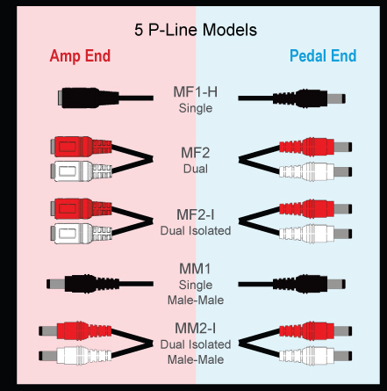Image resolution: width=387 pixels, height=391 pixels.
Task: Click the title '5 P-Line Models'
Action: tap(196, 30)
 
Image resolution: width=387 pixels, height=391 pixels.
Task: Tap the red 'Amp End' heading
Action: tap(80, 55)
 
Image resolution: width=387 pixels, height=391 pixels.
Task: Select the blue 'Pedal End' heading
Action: tap(323, 55)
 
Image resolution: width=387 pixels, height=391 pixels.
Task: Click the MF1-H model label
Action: tap(196, 92)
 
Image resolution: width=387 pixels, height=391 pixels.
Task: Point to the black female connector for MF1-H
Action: tap(88, 98)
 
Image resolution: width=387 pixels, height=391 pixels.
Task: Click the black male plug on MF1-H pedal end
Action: tap(309, 98)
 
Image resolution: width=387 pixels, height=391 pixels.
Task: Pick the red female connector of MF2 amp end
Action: tap(81, 147)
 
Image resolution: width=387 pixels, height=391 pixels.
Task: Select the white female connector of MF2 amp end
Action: tap(81, 171)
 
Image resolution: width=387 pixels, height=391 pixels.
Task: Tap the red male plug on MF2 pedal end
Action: tap(316, 147)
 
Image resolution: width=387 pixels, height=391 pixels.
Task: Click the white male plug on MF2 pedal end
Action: tap(316, 171)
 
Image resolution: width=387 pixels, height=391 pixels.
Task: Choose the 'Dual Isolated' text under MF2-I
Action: tap(196, 230)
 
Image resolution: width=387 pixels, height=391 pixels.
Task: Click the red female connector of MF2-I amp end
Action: tap(81, 208)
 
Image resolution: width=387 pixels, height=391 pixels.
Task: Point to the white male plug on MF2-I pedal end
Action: tap(316, 234)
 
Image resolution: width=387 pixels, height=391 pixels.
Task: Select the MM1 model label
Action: tap(195, 269)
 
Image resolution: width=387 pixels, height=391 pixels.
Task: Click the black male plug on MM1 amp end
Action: tap(82, 284)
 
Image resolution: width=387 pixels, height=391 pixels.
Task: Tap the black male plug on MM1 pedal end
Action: tap(309, 284)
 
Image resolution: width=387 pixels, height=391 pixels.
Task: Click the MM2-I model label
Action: tap(196, 329)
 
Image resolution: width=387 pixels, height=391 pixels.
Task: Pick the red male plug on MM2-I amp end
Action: tap(75, 331)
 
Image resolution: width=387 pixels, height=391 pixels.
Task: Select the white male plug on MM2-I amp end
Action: tap(75, 356)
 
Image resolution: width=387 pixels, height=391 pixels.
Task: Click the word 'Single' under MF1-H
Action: tap(196, 108)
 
